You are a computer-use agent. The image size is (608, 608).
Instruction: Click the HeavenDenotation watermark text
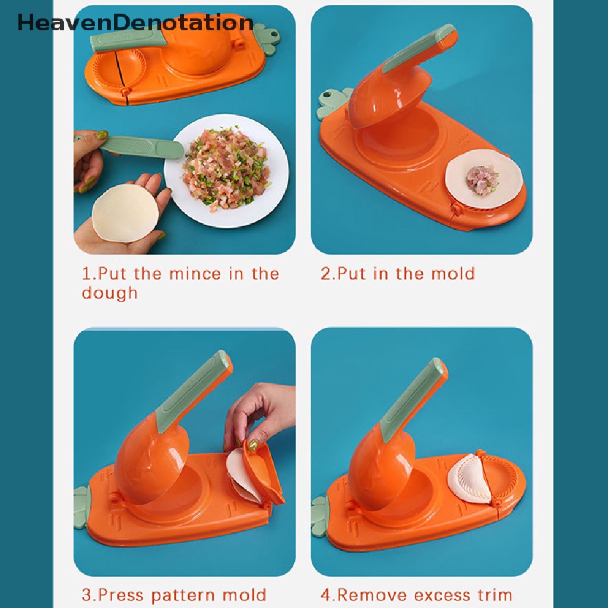tap(135, 23)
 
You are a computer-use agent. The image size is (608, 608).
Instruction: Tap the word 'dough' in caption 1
tap(109, 293)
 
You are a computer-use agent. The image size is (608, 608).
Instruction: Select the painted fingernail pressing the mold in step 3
tap(252, 445)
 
